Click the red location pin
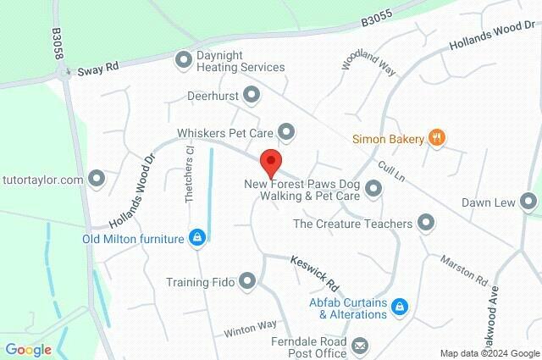pyautogui.click(x=269, y=162)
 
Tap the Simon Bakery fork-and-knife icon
pyautogui.click(x=437, y=137)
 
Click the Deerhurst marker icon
pyautogui.click(x=251, y=94)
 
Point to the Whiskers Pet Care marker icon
pyautogui.click(x=286, y=131)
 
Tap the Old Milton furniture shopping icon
pyautogui.click(x=196, y=238)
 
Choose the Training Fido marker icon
pyautogui.click(x=247, y=280)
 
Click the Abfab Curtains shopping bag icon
pyautogui.click(x=402, y=306)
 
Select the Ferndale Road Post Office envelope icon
pyautogui.click(x=360, y=345)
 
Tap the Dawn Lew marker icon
pyautogui.click(x=529, y=202)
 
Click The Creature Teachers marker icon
pyautogui.click(x=426, y=224)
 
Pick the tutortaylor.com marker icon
pyautogui.click(x=97, y=179)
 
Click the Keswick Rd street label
pyautogui.click(x=314, y=269)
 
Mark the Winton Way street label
pyautogui.click(x=251, y=326)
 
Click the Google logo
pyautogui.click(x=28, y=350)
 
